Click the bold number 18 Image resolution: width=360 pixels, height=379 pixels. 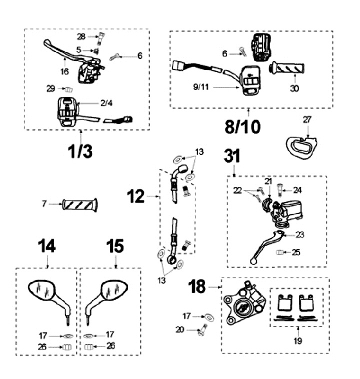(x=198, y=287)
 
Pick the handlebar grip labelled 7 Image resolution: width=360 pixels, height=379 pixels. (x=80, y=204)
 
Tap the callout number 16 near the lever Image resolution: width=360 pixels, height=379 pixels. (x=64, y=71)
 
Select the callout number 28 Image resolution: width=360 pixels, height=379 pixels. (x=81, y=37)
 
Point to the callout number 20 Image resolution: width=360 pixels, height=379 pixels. (x=180, y=329)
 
